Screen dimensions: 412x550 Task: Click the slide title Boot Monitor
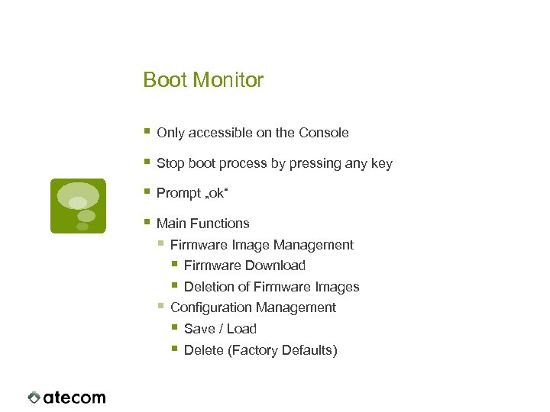tap(203, 80)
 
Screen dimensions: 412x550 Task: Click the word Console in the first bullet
tap(323, 133)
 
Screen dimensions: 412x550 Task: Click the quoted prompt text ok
tap(216, 194)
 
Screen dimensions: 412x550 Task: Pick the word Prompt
tap(178, 194)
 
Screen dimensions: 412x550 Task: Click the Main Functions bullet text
tap(202, 224)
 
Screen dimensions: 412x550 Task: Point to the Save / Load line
tap(220, 329)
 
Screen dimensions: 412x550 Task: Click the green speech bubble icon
tap(78, 205)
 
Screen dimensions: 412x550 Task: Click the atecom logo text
tap(74, 398)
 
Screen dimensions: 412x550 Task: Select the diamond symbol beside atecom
tap(34, 398)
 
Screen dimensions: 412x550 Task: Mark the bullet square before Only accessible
tap(147, 132)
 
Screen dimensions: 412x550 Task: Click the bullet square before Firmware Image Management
tap(160, 244)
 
